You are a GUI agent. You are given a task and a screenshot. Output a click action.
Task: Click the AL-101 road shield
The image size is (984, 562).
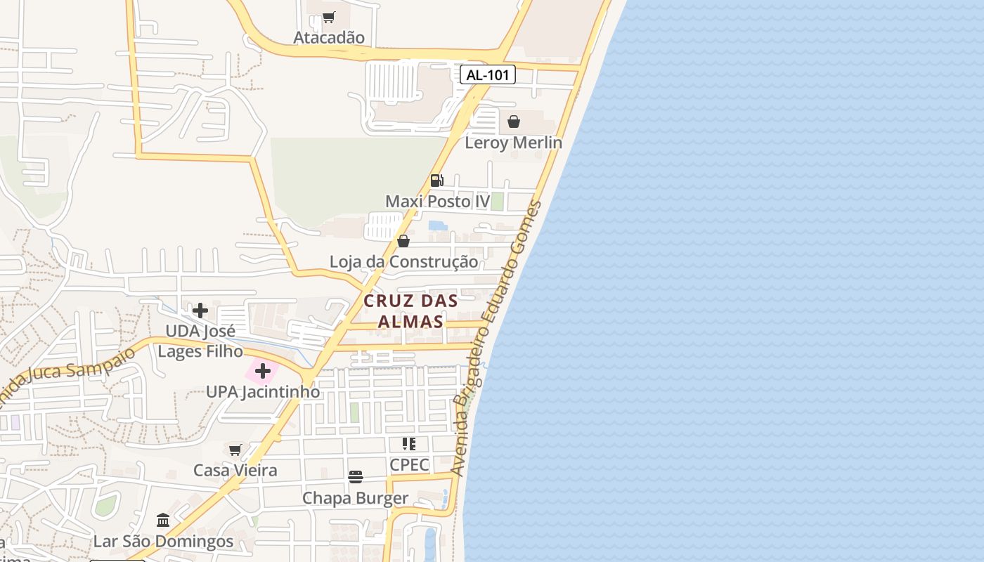[x=488, y=74]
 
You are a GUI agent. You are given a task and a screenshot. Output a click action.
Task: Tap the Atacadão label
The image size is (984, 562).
[x=329, y=37]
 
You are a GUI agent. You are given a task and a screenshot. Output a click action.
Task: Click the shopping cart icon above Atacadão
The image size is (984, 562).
[x=329, y=17]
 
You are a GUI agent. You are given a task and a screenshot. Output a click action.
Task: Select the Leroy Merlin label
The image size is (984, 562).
[x=514, y=143]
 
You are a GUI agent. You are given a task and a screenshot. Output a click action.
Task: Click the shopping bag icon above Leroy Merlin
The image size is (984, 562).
[x=514, y=122]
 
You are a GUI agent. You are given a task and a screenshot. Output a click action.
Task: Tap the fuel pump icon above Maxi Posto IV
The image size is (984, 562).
[x=436, y=181]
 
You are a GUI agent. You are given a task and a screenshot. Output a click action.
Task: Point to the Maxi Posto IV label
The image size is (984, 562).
[x=437, y=202]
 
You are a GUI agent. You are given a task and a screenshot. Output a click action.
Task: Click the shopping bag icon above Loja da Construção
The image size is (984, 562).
[x=403, y=241]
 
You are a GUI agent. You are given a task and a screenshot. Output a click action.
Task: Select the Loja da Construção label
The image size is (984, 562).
[x=403, y=262]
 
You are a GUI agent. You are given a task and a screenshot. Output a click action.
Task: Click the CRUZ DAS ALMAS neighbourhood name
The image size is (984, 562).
[x=410, y=311]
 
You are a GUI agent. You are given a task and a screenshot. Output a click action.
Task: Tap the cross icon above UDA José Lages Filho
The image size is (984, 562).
[x=200, y=310]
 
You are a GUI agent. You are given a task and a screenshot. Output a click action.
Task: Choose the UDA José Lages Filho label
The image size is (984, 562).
[x=200, y=341]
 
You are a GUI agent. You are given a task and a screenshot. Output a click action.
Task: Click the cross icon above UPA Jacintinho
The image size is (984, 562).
[x=263, y=371]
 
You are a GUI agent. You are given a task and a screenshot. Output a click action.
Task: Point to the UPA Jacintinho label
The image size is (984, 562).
[x=263, y=392]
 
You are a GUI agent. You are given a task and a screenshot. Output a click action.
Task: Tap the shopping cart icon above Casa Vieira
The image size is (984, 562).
[x=235, y=450]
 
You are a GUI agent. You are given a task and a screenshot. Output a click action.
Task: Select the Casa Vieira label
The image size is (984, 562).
[x=235, y=470]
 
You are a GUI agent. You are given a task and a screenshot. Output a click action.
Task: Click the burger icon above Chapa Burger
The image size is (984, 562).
[x=356, y=477]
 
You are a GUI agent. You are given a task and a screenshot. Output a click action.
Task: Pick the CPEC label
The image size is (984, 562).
[x=409, y=464]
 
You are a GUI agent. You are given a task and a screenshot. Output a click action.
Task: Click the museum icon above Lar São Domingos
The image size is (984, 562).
[x=163, y=521]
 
